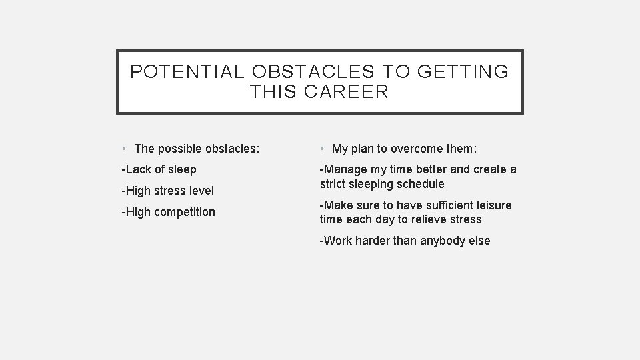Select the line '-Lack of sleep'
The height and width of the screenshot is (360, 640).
click(159, 169)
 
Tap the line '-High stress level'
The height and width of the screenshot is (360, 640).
click(167, 191)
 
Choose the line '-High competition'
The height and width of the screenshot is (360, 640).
click(168, 212)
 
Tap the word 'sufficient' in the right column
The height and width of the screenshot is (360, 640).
click(439, 205)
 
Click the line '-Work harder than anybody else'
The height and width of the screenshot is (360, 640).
click(405, 241)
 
